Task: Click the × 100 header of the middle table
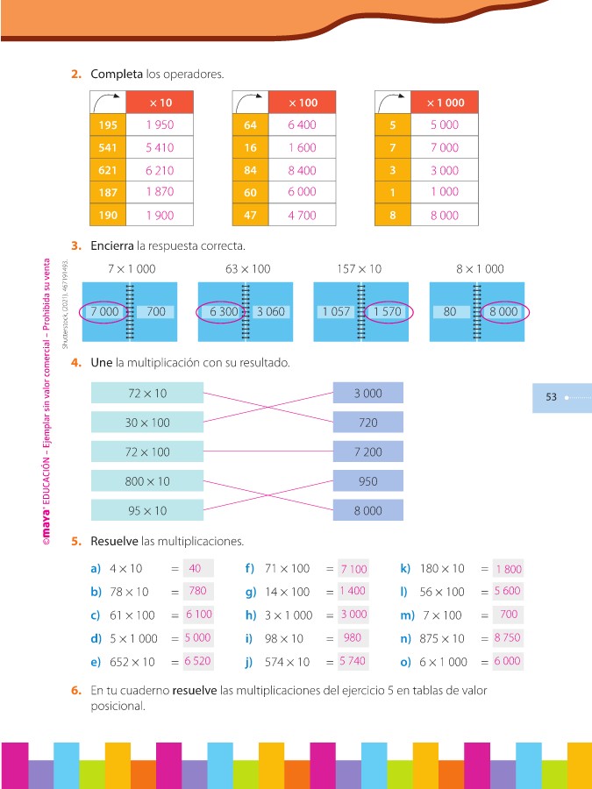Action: [x=303, y=103]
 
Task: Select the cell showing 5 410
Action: [x=160, y=148]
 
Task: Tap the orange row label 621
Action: [x=109, y=171]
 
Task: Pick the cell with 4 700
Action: [x=302, y=216]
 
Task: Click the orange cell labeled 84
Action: [x=250, y=171]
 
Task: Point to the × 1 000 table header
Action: [x=445, y=103]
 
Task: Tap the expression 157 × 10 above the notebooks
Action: [x=359, y=268]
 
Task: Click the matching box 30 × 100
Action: [x=146, y=423]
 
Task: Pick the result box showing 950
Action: [x=368, y=481]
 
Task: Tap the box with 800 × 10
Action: [x=146, y=481]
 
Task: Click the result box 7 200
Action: [x=368, y=452]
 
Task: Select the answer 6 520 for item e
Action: [x=198, y=661]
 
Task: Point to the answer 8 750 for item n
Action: [x=508, y=638]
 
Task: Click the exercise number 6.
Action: [x=76, y=691]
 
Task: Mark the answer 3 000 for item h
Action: [x=353, y=615]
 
